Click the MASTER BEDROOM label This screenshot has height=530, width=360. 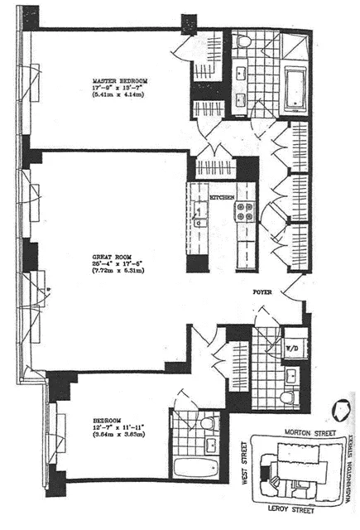pyautogui.click(x=118, y=81)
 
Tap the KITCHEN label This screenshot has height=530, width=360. pyautogui.click(x=222, y=198)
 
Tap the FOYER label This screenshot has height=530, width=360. pyautogui.click(x=263, y=292)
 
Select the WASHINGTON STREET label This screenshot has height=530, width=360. pyautogui.click(x=350, y=468)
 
